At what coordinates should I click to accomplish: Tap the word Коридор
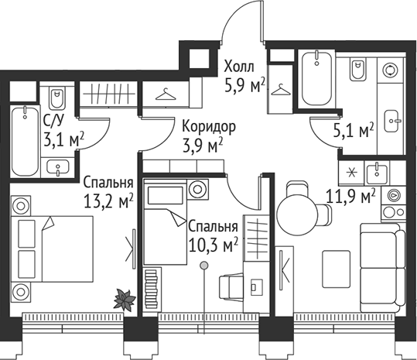tap(209, 126)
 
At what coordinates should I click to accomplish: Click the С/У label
tap(53, 121)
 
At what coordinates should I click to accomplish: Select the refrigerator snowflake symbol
tap(350, 170)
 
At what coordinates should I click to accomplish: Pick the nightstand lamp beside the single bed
tap(198, 189)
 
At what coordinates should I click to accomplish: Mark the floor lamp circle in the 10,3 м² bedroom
tap(203, 265)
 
